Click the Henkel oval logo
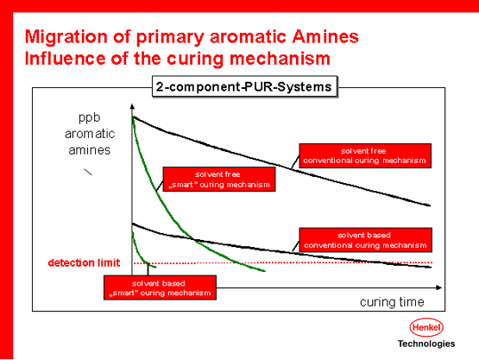point(427,327)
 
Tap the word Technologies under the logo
point(427,344)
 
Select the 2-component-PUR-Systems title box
point(244,87)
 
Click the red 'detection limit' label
point(84,263)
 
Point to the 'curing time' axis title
point(392,302)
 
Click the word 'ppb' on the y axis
point(89,118)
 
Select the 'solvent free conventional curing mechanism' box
point(365,156)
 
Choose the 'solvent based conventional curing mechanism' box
point(365,240)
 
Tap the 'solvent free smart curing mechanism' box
point(219,179)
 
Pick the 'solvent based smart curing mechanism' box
point(160,288)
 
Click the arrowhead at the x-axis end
point(439,288)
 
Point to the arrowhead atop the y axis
point(132,107)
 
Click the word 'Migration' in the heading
point(66,37)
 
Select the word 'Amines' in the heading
point(325,36)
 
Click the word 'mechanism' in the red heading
point(280,59)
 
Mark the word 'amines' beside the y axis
point(90,150)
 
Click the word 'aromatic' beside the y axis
point(90,133)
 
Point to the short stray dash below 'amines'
point(88,172)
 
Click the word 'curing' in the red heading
point(196,59)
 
